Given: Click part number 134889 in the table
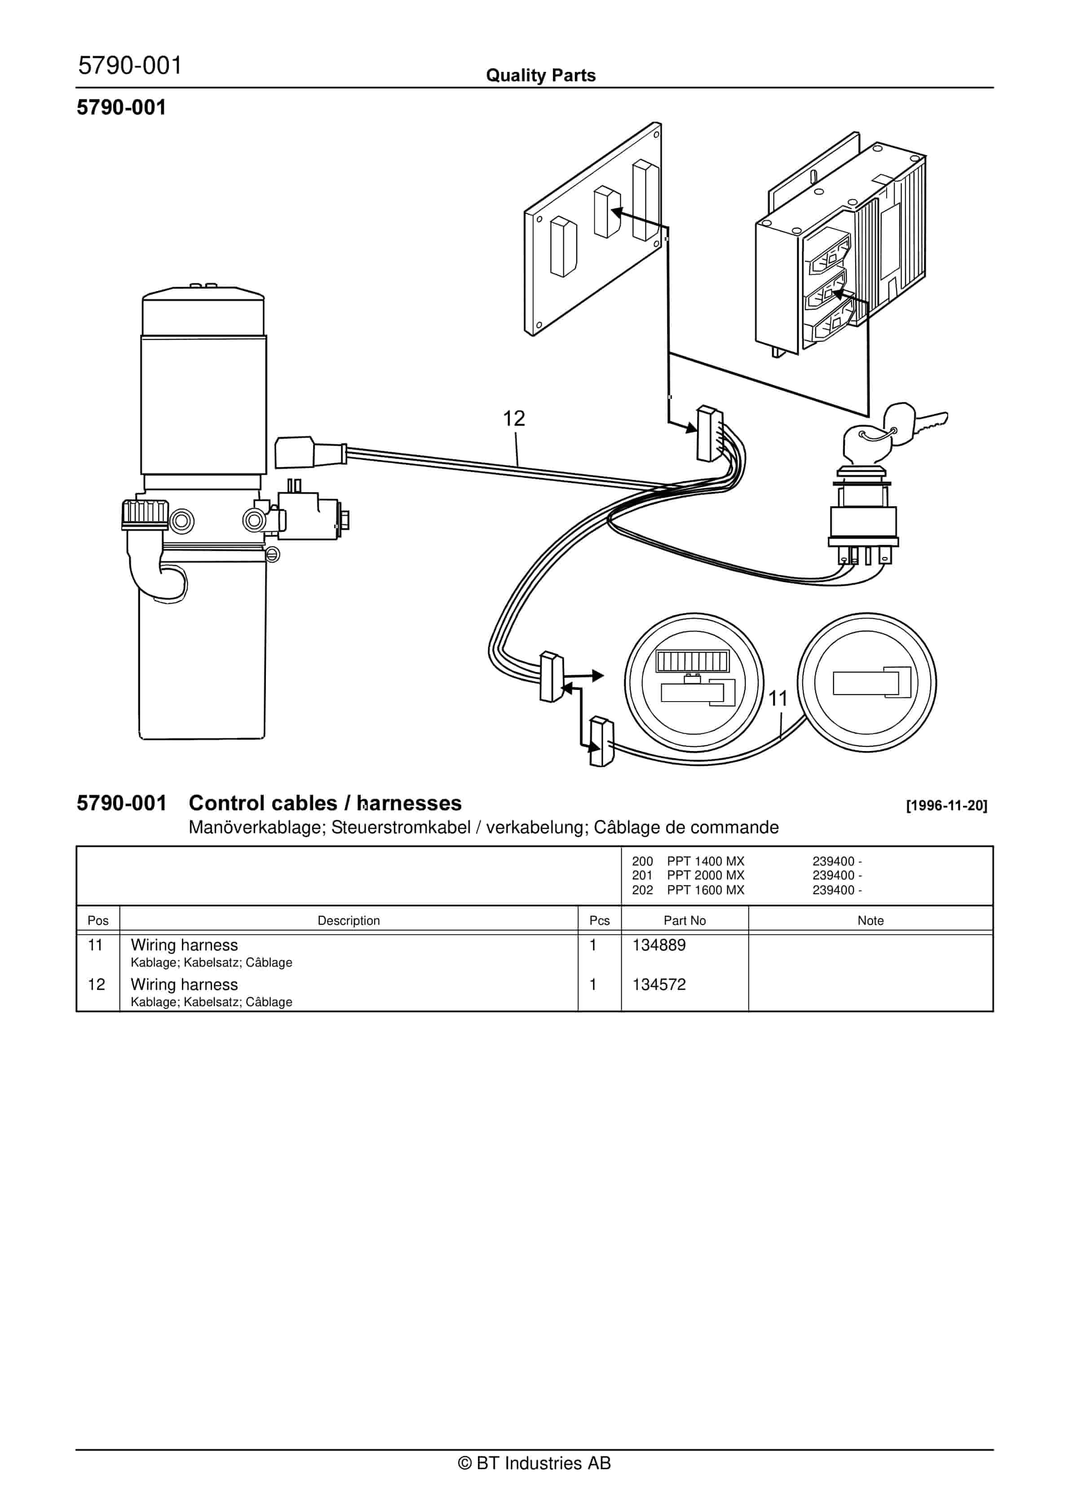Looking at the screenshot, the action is [659, 945].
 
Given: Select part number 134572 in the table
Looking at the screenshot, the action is [659, 985].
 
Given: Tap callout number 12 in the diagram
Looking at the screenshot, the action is [514, 419].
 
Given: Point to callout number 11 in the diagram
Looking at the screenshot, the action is [778, 698].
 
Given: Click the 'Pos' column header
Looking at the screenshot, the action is [98, 921].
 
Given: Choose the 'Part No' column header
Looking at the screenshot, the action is [685, 921].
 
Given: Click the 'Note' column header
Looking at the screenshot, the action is [870, 921].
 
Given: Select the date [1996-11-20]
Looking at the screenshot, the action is [946, 805].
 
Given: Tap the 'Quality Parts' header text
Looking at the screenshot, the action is [540, 75].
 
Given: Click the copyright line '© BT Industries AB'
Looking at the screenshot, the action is [534, 1463].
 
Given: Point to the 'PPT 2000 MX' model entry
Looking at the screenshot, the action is [706, 875].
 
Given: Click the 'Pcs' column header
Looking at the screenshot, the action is [599, 921].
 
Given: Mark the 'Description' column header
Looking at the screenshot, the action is [349, 921].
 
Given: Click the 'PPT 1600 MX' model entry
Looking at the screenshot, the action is [706, 890].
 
